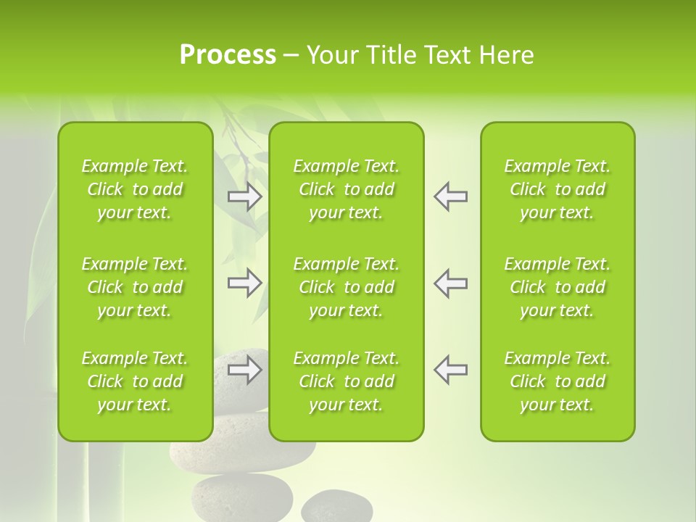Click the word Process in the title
228,55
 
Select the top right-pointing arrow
244,196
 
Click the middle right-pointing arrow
244,283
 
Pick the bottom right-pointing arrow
244,370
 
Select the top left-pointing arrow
450,196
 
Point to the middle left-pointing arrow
450,283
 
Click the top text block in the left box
135,189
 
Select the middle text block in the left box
135,287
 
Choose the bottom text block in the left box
135,381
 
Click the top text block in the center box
347,189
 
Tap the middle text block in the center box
347,287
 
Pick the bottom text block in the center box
347,381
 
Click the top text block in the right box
558,189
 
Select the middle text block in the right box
558,287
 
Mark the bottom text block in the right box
558,381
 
